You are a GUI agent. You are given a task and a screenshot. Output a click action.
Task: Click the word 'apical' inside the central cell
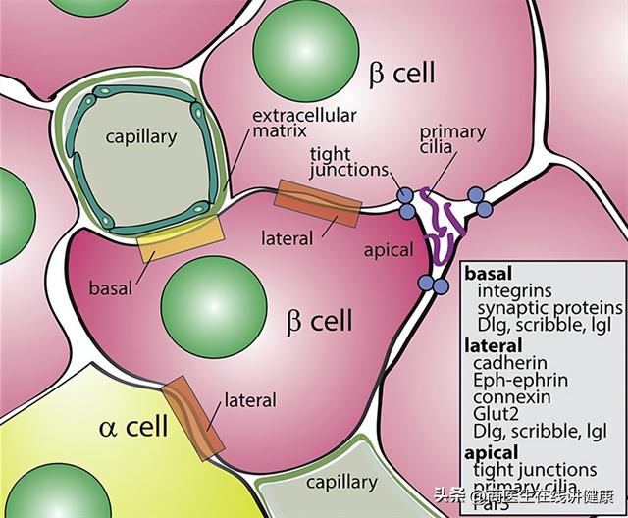tap(389, 250)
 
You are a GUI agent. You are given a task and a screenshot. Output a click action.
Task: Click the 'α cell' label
tap(133, 427)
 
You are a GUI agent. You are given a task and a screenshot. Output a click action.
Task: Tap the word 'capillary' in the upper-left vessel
tap(141, 137)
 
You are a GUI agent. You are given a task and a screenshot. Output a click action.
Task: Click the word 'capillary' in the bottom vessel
tap(341, 482)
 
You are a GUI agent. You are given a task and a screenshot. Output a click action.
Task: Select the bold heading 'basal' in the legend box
tap(488, 274)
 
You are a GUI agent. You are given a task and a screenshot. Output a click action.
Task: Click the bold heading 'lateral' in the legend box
tap(494, 344)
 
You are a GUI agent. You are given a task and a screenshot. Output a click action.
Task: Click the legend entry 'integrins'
tap(515, 290)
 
